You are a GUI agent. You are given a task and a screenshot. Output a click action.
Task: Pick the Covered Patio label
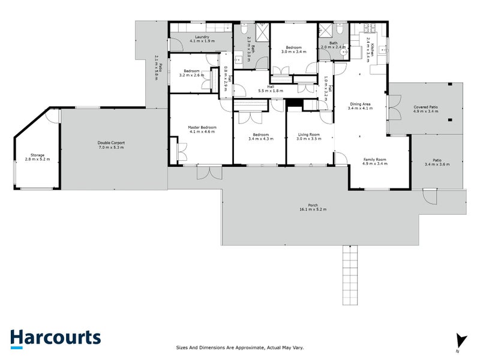(x=425, y=109)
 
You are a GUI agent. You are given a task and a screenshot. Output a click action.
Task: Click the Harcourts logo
(x=55, y=337)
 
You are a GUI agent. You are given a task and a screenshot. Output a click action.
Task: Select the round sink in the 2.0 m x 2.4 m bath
(x=344, y=52)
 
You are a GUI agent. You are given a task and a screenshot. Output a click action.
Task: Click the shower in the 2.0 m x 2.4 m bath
(x=326, y=31)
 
